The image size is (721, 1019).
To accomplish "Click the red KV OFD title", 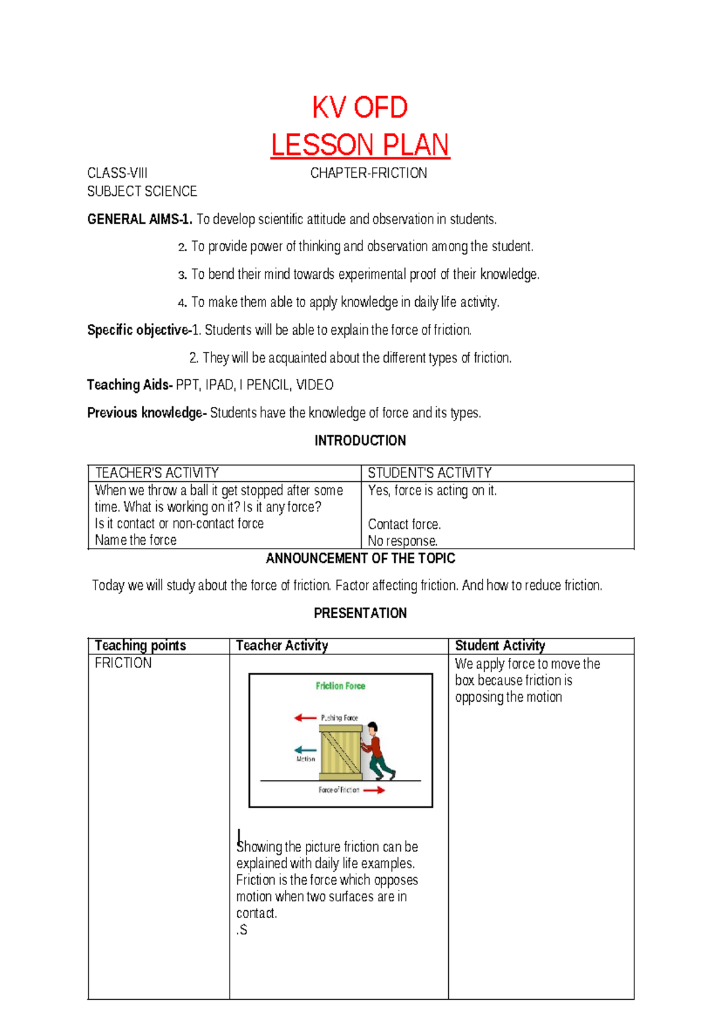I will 360,108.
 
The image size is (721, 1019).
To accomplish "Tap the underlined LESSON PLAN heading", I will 360,145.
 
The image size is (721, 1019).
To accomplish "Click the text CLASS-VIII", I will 117,174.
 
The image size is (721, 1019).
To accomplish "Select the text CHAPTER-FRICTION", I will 368,174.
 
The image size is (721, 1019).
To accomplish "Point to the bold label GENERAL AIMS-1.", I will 139,219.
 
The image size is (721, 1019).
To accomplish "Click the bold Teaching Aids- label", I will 130,385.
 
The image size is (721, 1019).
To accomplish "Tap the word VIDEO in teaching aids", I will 315,385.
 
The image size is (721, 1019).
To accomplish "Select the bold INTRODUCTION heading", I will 360,441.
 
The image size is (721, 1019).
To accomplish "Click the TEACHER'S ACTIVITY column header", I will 157,473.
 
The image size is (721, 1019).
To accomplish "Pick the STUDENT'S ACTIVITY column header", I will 430,473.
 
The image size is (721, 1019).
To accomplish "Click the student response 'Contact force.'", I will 404,525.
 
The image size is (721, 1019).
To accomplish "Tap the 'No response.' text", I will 403,541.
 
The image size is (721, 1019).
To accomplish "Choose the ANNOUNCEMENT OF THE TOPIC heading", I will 360,559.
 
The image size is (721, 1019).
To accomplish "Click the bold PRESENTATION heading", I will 360,613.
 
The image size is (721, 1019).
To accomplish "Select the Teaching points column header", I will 140,646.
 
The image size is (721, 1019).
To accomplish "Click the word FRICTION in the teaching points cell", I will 123,663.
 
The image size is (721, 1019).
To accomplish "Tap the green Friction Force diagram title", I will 340,686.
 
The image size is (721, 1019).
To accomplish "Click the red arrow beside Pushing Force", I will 305,717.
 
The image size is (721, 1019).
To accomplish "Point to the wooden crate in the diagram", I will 340,752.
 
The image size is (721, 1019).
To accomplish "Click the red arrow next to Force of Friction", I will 374,790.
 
